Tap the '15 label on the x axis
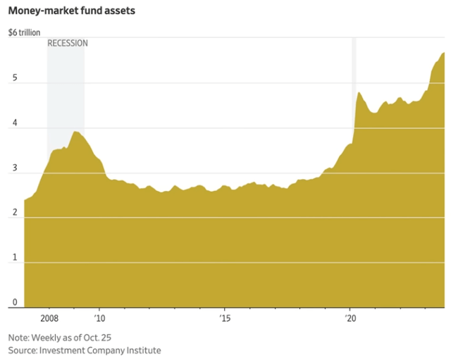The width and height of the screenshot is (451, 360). [224, 318]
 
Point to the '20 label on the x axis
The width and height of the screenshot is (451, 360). [350, 318]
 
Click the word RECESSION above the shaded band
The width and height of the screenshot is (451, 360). [68, 43]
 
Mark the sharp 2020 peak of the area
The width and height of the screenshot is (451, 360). [359, 92]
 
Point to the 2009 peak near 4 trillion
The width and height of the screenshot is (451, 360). [75, 132]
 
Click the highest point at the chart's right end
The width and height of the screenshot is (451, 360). [443, 53]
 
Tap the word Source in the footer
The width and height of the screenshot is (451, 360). [22, 349]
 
